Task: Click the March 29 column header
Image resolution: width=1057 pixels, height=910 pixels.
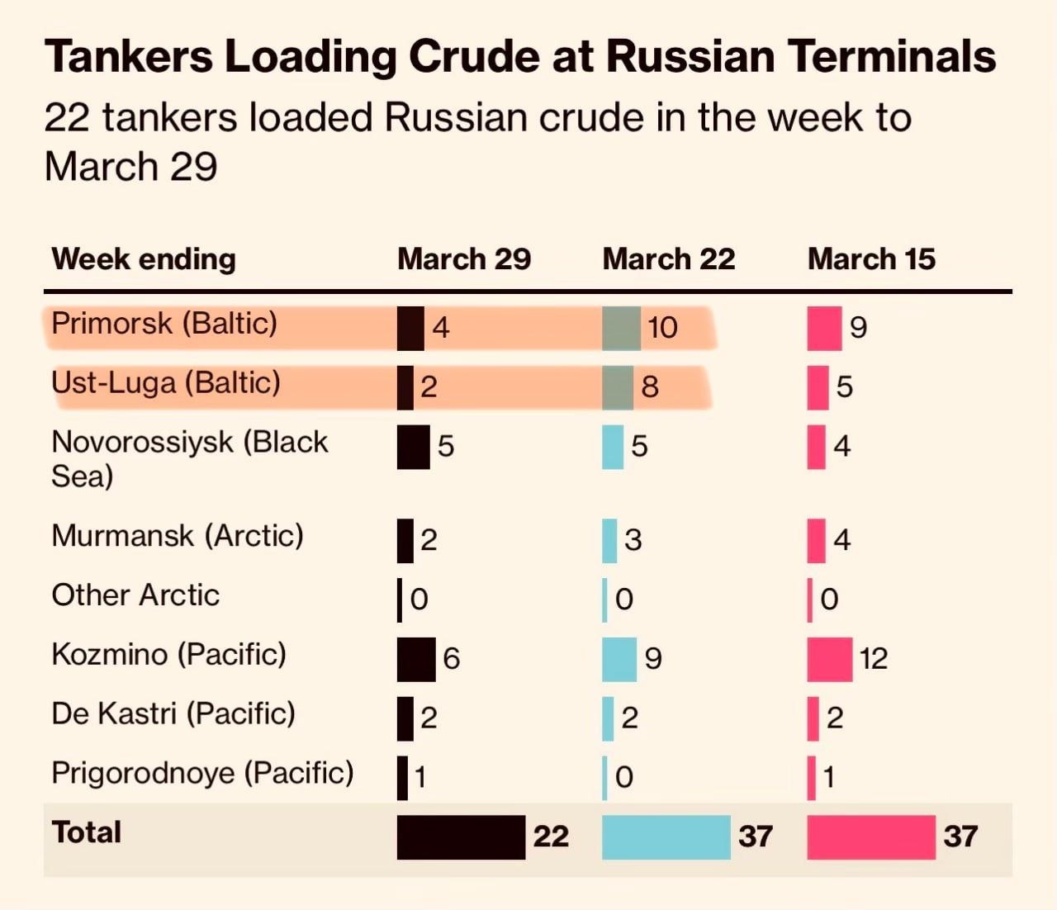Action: tap(464, 259)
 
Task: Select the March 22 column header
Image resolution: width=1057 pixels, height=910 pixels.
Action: tap(669, 259)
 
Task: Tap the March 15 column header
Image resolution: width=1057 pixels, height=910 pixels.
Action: tap(871, 259)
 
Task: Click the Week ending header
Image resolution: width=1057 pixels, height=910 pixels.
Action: tap(144, 259)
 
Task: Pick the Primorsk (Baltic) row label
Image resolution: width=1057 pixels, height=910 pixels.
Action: tap(164, 323)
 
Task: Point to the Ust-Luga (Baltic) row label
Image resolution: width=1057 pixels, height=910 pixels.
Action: tap(166, 382)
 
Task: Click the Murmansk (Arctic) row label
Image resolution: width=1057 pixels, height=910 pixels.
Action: tap(178, 536)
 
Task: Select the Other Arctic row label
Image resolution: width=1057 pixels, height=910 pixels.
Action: tap(135, 595)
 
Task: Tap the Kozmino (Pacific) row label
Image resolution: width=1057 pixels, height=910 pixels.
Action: tap(169, 655)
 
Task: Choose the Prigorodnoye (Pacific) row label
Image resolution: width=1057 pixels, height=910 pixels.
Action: tap(202, 774)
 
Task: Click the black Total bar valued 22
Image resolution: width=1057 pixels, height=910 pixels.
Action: tap(461, 837)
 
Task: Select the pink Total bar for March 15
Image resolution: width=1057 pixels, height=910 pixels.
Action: tap(871, 837)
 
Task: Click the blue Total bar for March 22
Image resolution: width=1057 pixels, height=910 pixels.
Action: tap(666, 837)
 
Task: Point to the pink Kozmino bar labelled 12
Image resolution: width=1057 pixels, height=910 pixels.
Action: tap(830, 659)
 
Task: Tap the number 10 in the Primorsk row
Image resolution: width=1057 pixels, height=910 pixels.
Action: tap(662, 328)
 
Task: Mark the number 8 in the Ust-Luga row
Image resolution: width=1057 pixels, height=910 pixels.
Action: tap(650, 387)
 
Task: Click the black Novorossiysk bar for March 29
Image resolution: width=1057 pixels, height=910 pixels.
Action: tap(413, 447)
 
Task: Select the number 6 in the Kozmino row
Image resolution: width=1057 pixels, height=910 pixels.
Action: tap(451, 659)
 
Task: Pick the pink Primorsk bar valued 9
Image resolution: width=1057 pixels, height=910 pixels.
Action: tap(824, 328)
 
